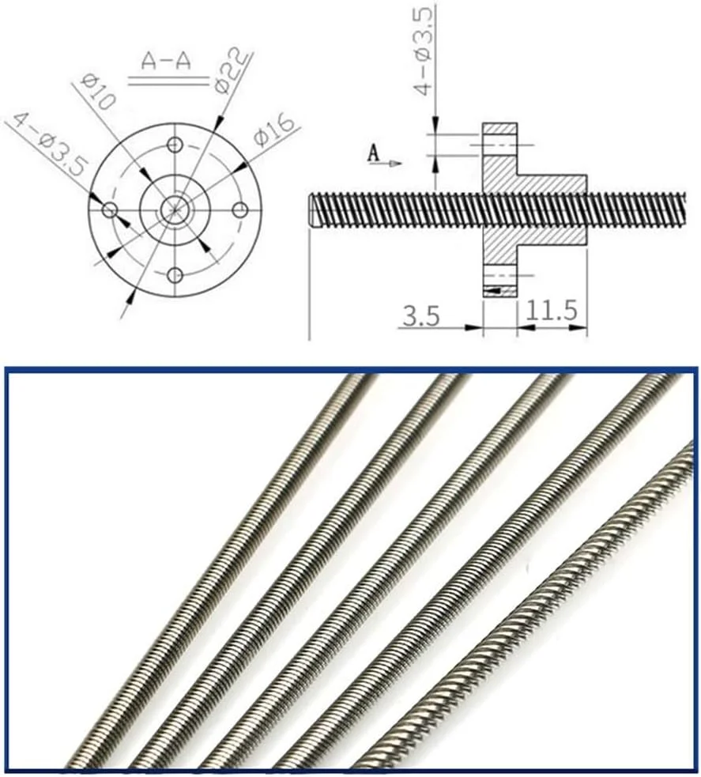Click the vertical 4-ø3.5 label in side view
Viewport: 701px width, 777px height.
coord(424,52)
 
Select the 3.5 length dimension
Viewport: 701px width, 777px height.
coord(420,317)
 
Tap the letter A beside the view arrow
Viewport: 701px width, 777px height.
coord(375,154)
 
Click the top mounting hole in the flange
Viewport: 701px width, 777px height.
coord(176,147)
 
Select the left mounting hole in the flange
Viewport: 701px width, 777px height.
coord(111,209)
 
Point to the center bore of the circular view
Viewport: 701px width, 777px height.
coord(174,209)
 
